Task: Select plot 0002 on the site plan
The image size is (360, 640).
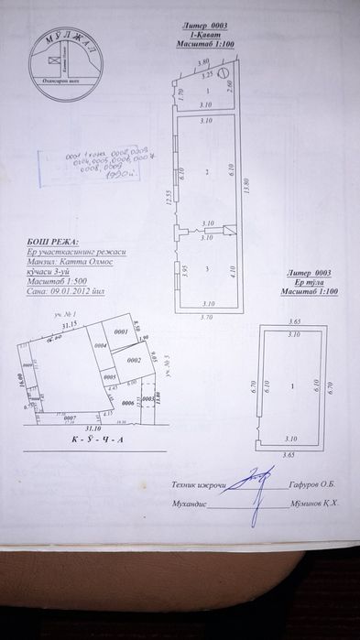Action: coord(133,361)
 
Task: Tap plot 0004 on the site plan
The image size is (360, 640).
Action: coord(101,345)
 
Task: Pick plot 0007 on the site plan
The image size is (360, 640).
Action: coord(69,417)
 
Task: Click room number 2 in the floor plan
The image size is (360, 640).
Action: coord(207,171)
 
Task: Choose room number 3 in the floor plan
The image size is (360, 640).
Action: coord(207,267)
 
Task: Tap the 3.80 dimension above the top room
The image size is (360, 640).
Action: coord(204,62)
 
